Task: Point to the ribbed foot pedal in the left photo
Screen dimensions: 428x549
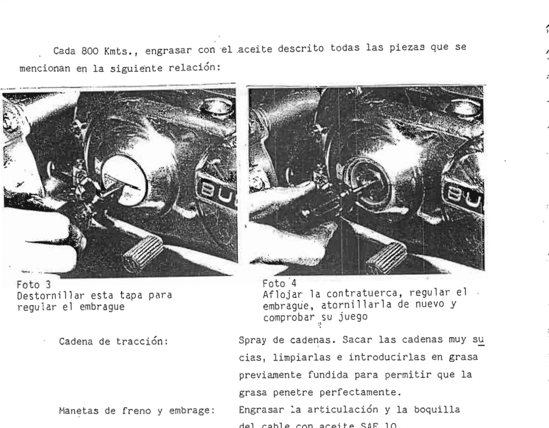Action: pyautogui.click(x=142, y=253)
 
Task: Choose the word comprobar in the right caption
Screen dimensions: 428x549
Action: pyautogui.click(x=286, y=315)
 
